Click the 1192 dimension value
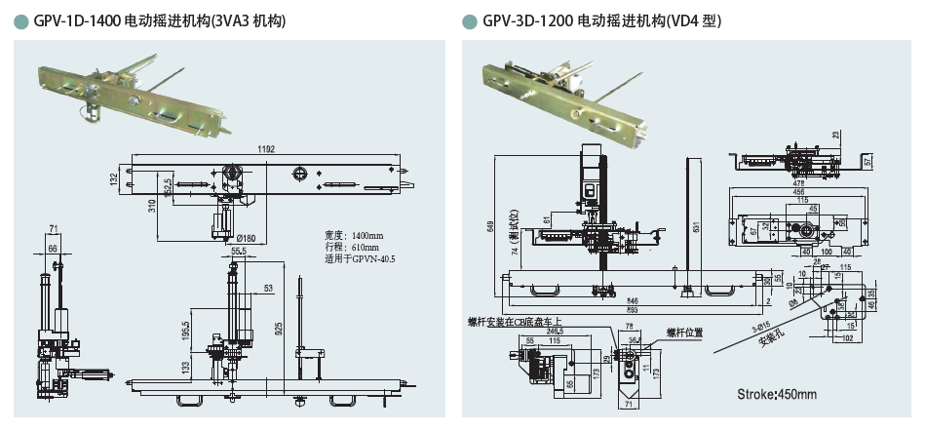click(267, 148)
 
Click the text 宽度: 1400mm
click(355, 236)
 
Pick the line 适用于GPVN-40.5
click(362, 260)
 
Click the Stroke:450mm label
click(777, 394)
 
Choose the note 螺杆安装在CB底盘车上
click(516, 322)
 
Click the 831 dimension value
click(693, 227)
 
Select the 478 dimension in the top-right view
click(798, 182)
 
